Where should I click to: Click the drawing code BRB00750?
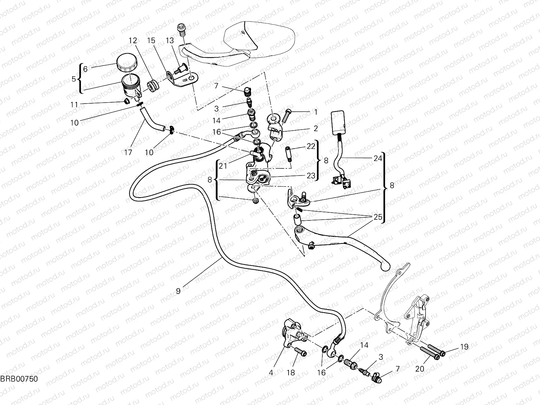pos(19,379)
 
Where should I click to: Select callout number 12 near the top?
pos(133,41)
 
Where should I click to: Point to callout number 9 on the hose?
pos(178,290)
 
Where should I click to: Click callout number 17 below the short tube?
pos(128,153)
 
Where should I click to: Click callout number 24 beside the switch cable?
pos(378,158)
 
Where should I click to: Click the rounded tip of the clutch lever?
pos(385,267)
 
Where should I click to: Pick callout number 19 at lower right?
pos(464,347)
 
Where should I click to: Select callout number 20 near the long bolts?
pos(420,369)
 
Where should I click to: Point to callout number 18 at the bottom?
pos(291,373)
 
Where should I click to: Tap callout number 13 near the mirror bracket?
pos(169,41)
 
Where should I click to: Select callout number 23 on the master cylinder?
pos(310,175)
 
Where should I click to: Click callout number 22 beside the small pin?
pos(311,146)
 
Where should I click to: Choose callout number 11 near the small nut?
pos(74,105)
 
